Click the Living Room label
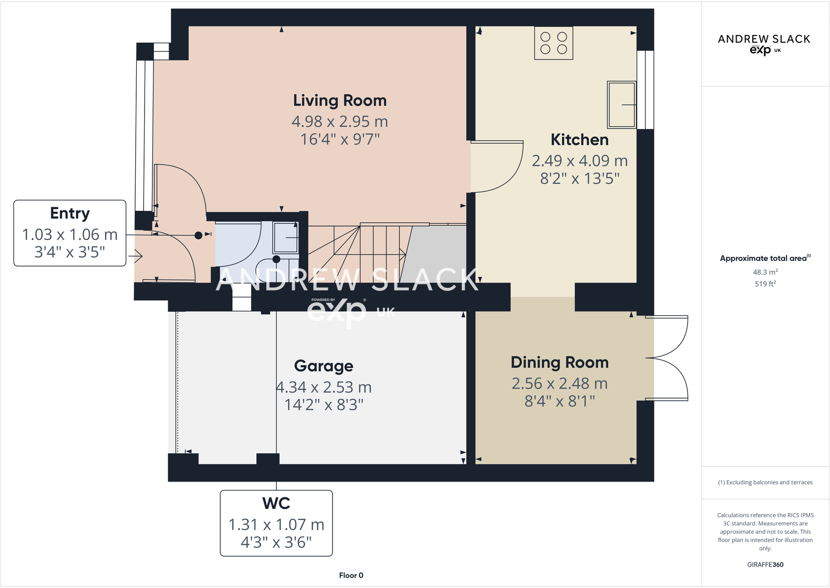pos(339,100)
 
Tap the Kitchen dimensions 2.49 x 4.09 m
pos(579,161)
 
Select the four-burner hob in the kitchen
pos(553,43)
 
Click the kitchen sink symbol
pos(621,105)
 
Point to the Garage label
pos(323,366)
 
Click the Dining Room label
pos(559,362)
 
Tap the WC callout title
pos(276,503)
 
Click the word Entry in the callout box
pos(70,213)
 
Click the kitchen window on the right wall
pos(645,90)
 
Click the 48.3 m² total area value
pos(765,272)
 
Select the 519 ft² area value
pos(765,284)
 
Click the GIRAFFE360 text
pos(765,565)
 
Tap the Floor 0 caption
pos(351,575)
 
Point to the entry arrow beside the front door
pos(135,256)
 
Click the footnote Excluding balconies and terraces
pos(765,483)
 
